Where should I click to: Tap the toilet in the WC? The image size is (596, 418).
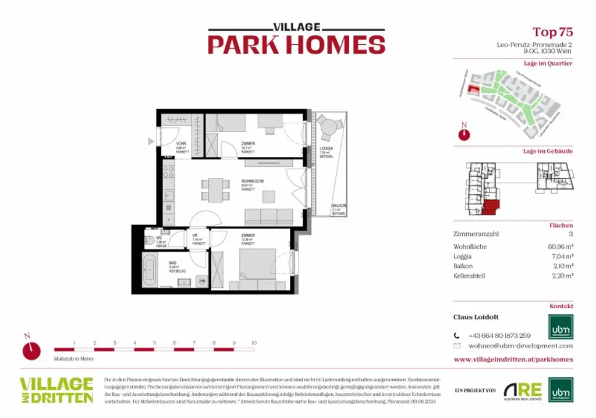coord(149,238)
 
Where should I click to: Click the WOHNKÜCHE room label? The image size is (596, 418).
coord(253,181)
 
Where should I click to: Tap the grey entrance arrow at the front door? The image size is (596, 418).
coord(151,141)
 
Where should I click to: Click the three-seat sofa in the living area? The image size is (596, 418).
coord(269,217)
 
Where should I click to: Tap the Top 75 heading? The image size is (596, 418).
coord(552,32)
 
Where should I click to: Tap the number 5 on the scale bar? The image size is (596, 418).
coord(154,343)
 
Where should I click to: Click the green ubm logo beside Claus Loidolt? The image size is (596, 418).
coord(560,327)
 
